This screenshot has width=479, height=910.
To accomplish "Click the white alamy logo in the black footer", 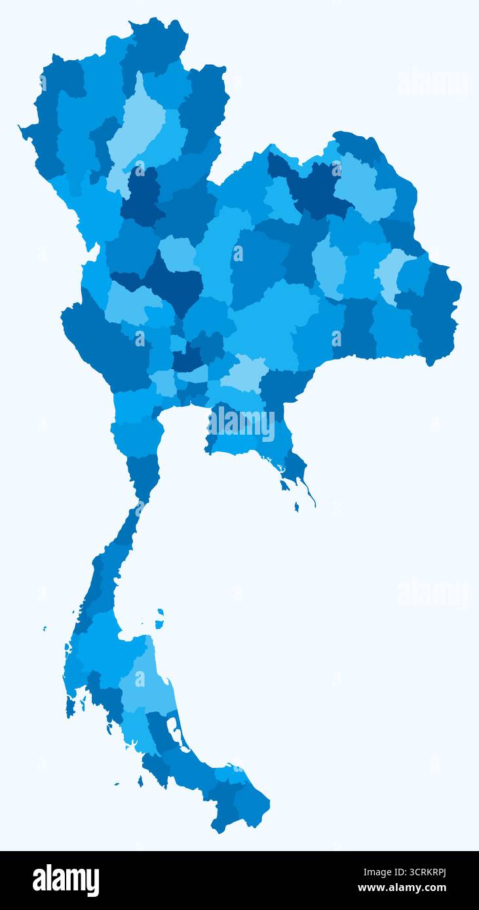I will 66,881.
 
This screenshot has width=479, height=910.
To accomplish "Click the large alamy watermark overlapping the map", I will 241,424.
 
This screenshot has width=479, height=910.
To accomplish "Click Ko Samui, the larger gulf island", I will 159,623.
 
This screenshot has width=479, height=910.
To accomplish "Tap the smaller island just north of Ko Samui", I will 160,611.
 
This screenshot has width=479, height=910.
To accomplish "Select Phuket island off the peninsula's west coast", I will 69,706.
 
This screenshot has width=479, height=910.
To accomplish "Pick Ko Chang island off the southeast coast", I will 285,485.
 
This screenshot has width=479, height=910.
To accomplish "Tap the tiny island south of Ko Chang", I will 296,507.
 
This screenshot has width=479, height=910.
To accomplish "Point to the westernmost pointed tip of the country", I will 22,129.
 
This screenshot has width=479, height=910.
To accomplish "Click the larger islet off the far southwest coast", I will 140,781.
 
